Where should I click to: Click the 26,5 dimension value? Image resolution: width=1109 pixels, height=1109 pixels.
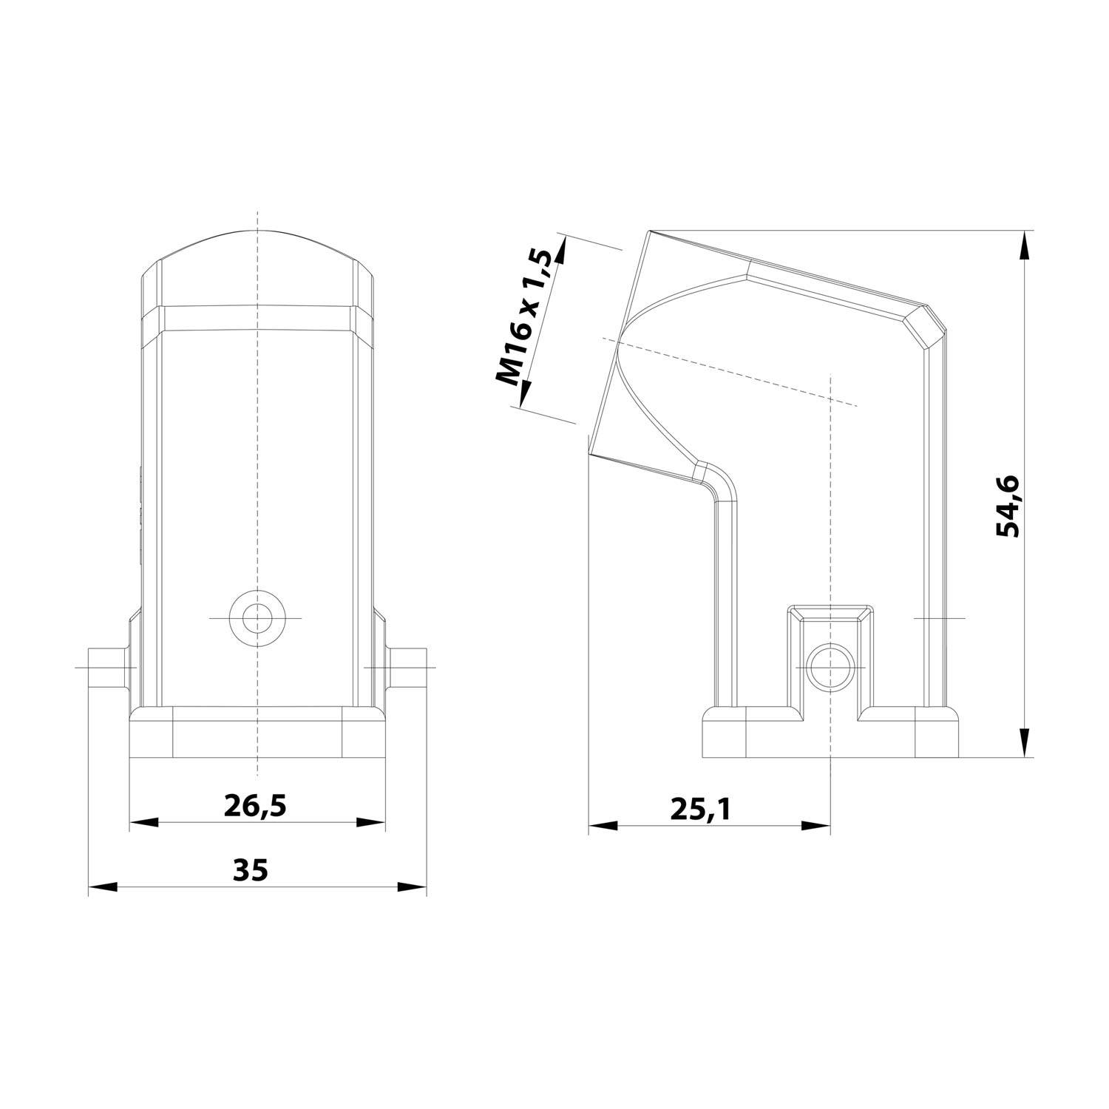tap(255, 805)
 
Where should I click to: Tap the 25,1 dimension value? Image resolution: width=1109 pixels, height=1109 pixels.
tap(700, 810)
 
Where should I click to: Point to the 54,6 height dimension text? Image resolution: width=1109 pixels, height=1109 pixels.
tap(1007, 506)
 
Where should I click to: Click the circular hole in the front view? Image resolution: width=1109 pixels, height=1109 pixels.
tap(257, 617)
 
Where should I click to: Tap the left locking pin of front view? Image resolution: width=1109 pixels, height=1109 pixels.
tap(106, 668)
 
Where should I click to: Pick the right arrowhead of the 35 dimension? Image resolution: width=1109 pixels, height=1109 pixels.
tap(412, 886)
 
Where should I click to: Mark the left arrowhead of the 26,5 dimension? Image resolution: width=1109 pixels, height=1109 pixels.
tap(144, 823)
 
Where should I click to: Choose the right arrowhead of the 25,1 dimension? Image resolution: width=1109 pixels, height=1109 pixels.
tap(816, 825)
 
